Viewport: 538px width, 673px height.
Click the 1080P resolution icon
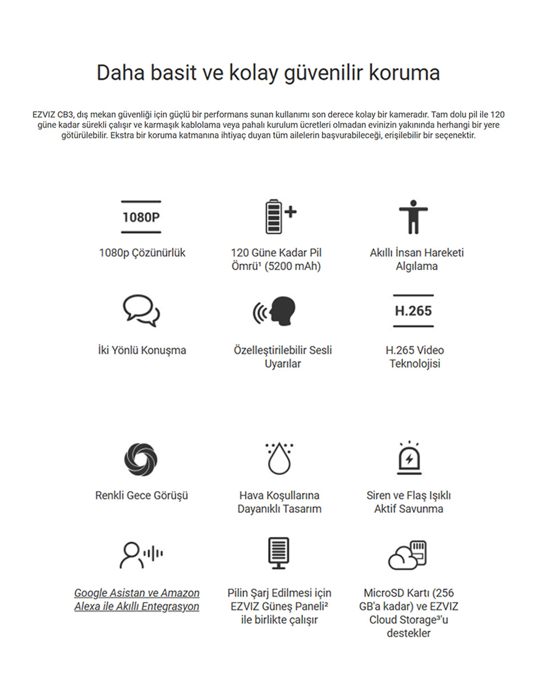pyautogui.click(x=141, y=217)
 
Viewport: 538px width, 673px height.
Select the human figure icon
pyautogui.click(x=413, y=217)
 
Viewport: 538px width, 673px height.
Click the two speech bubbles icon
pyautogui.click(x=141, y=311)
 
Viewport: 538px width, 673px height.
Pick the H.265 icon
pyautogui.click(x=413, y=311)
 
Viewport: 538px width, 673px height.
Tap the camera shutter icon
pyautogui.click(x=141, y=459)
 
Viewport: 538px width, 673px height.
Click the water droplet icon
pyautogui.click(x=279, y=458)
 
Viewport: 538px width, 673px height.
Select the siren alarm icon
pyautogui.click(x=409, y=458)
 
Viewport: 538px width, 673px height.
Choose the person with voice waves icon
pyautogui.click(x=141, y=554)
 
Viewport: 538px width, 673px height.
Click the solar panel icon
pyautogui.click(x=278, y=553)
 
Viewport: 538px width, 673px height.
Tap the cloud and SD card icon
pyautogui.click(x=408, y=554)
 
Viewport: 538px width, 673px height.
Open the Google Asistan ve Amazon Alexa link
pyautogui.click(x=137, y=600)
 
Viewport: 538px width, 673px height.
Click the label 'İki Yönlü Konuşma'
pyautogui.click(x=142, y=350)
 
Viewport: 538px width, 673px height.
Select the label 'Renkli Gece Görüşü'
pyautogui.click(x=141, y=496)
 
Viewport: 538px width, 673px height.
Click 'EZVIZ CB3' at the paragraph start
pyautogui.click(x=53, y=115)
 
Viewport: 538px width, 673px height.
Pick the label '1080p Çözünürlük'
pyautogui.click(x=142, y=253)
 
